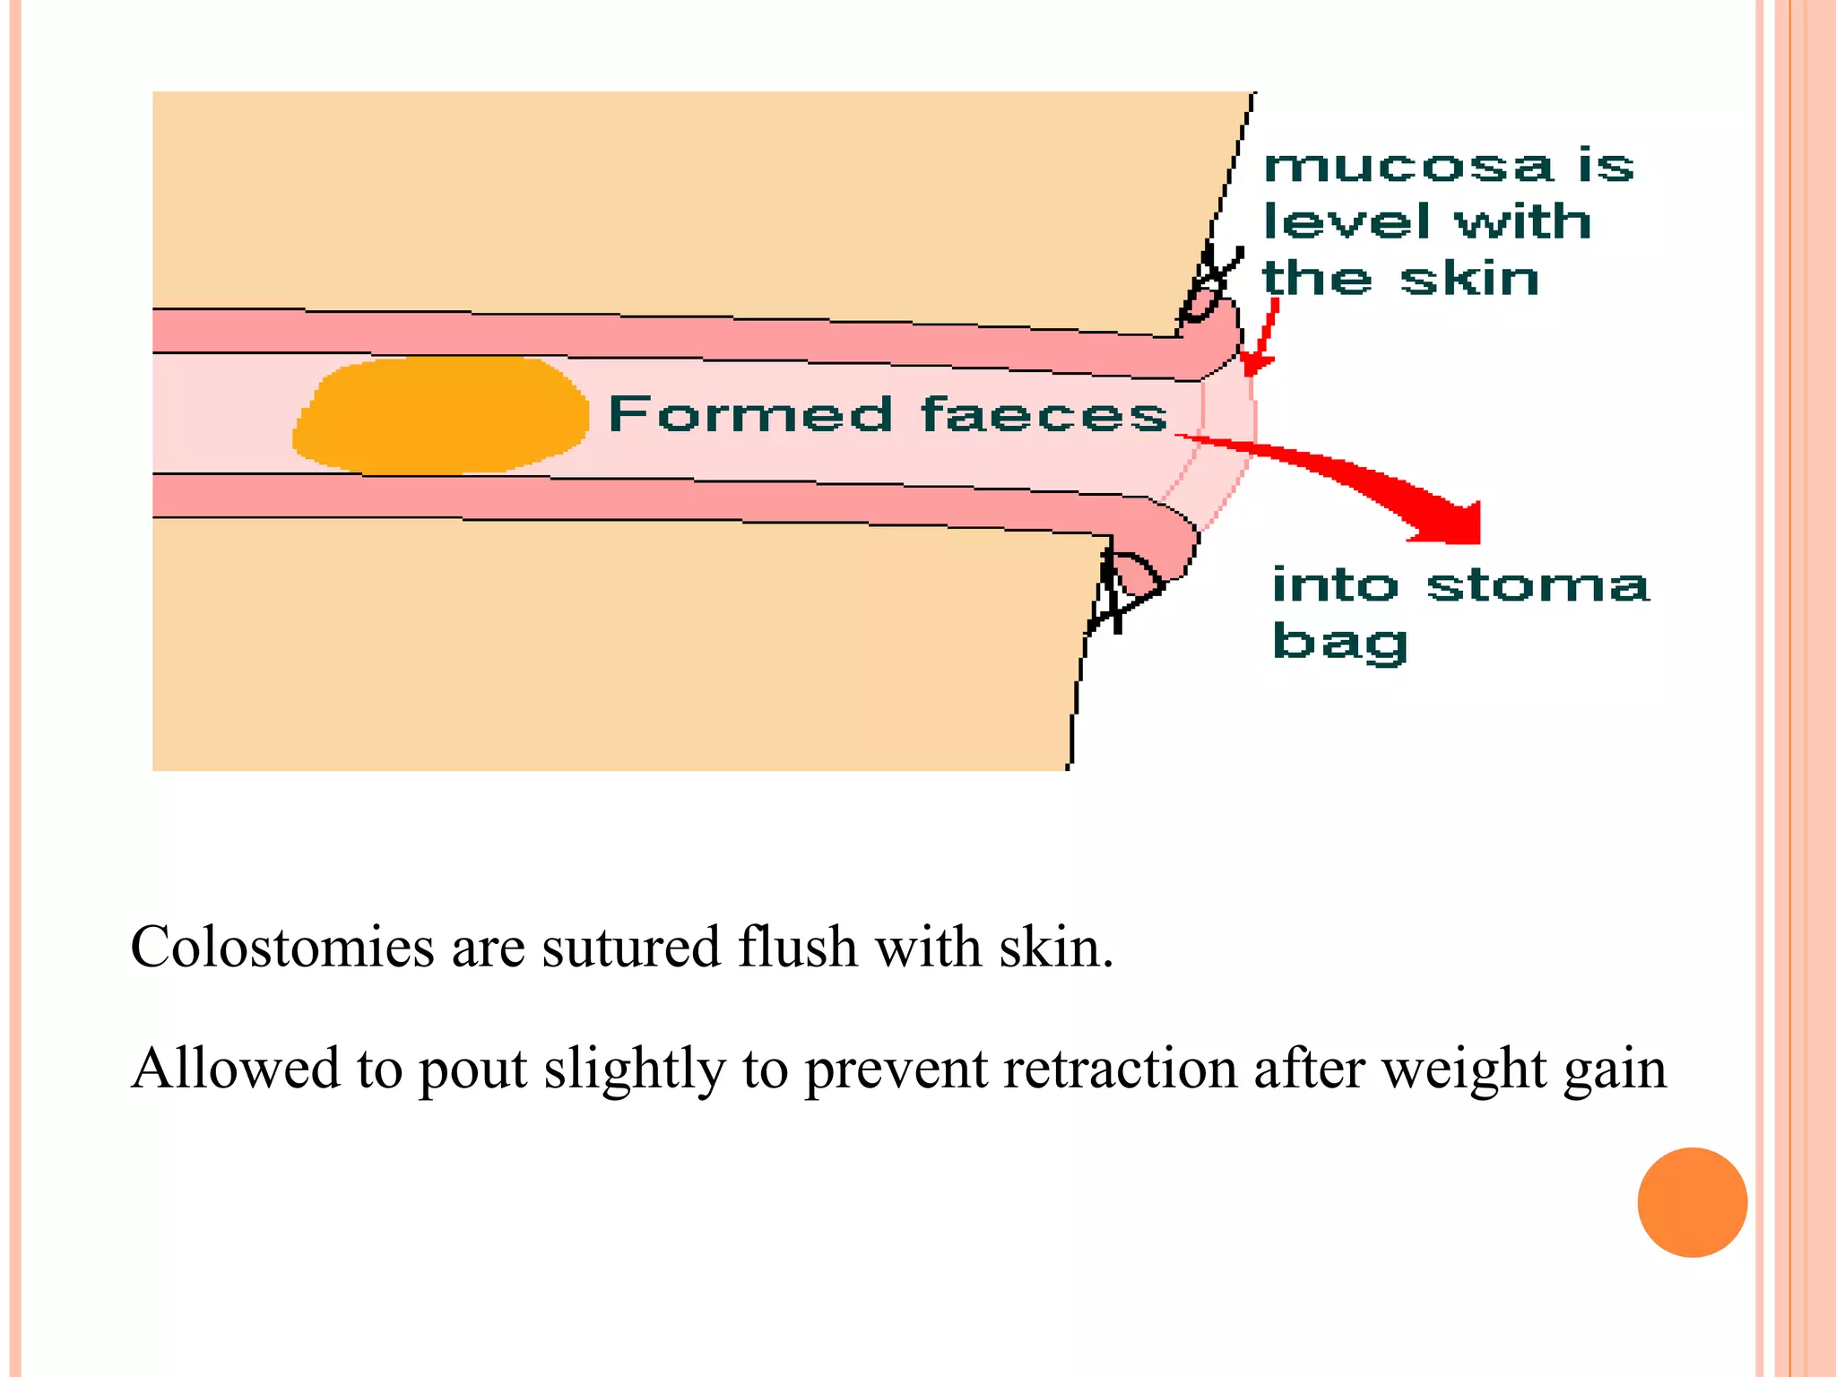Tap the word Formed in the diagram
750,415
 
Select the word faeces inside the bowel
1044,415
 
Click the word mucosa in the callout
1408,167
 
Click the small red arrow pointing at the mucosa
1261,341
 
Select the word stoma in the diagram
1537,585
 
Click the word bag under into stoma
1339,643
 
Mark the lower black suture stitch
1121,587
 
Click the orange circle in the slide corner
1692,1202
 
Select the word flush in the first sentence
797,947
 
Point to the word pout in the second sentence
472,1069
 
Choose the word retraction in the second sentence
1121,1069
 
